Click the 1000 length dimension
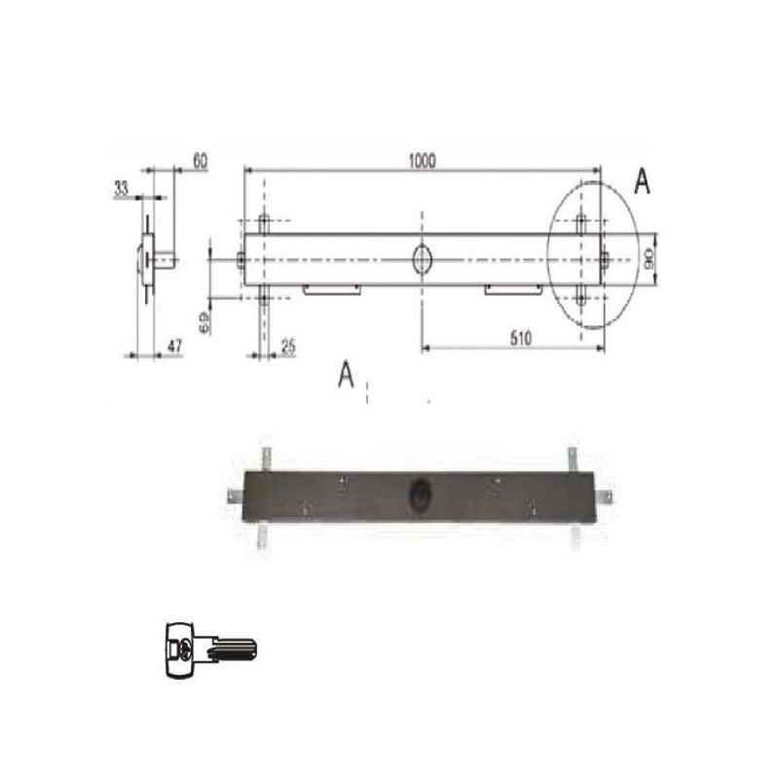point(423,160)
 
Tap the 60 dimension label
point(200,161)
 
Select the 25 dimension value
point(287,346)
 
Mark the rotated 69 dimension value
point(204,322)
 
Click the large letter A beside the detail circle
point(642,182)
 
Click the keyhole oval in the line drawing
point(423,259)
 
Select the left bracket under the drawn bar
point(332,288)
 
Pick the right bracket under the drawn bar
point(513,288)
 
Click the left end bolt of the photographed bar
point(235,496)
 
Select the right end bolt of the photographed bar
point(608,496)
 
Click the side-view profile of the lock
point(148,259)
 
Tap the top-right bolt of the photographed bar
point(573,456)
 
